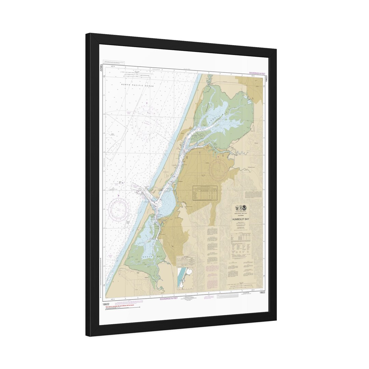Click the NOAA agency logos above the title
pos(241,208)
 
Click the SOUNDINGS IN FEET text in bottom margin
pos(169,298)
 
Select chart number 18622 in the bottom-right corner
pos(262,292)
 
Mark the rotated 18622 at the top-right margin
pos(266,79)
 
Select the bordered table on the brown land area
pos(205,193)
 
